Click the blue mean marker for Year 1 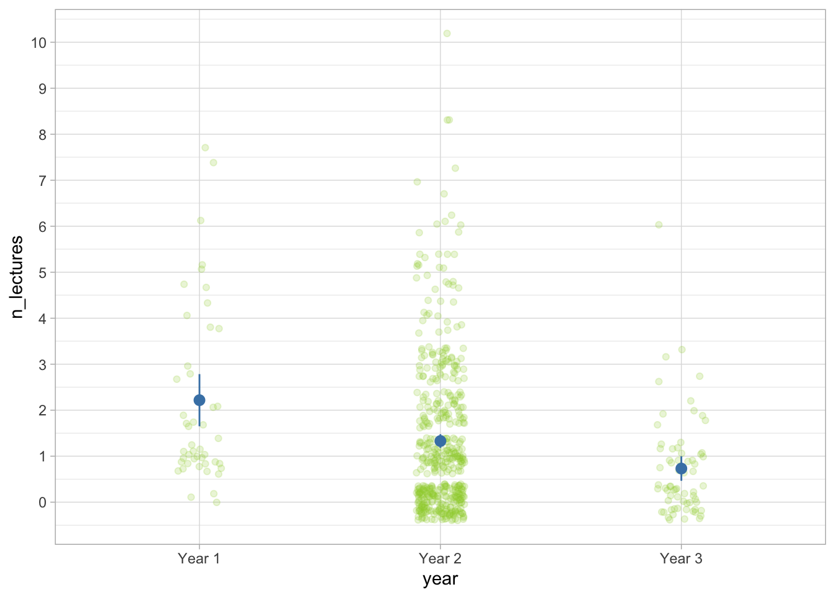[x=199, y=400]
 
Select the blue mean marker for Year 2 [x=440, y=441]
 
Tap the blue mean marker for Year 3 [x=682, y=468]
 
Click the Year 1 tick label [x=199, y=558]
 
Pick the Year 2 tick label [x=440, y=558]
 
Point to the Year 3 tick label [x=681, y=558]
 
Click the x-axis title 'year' [x=440, y=579]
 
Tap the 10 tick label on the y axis [x=39, y=42]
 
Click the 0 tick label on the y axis [x=42, y=502]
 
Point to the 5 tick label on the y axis [x=42, y=272]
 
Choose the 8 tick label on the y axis [x=42, y=134]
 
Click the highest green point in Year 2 [x=447, y=34]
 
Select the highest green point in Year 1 [x=205, y=147]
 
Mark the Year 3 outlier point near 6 [x=659, y=224]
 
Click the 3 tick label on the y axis [x=42, y=364]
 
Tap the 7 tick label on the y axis [x=42, y=180]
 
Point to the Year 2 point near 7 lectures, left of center [x=417, y=182]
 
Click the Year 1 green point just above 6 [x=201, y=220]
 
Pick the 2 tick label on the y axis [x=42, y=410]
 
